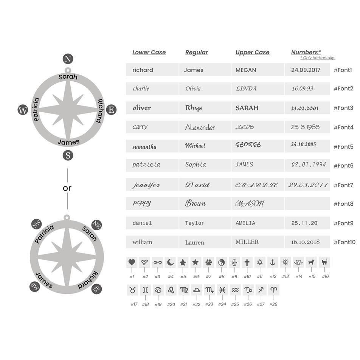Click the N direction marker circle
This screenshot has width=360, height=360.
click(68, 59)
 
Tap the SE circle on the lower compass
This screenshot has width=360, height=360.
click(96, 289)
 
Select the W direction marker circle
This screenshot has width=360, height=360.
click(23, 110)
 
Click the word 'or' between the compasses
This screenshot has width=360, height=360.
click(67, 188)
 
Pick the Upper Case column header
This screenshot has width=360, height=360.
click(252, 52)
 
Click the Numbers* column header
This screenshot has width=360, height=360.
click(306, 52)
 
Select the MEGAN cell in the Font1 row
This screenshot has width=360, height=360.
click(246, 70)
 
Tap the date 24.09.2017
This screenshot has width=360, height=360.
click(306, 70)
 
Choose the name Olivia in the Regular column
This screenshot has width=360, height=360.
click(193, 88)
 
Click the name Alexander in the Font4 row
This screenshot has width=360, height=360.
click(200, 127)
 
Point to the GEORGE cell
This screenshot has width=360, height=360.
click(248, 145)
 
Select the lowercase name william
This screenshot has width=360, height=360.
click(142, 242)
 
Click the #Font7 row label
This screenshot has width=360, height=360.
click(343, 185)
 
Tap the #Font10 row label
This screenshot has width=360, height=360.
click(344, 242)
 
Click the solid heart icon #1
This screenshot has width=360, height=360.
click(132, 262)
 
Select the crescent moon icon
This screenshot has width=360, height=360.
click(170, 262)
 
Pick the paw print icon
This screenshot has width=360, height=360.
click(209, 262)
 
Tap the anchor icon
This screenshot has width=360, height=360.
click(273, 262)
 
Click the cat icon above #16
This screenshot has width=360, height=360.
click(324, 262)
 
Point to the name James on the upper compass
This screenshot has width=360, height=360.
click(68, 142)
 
